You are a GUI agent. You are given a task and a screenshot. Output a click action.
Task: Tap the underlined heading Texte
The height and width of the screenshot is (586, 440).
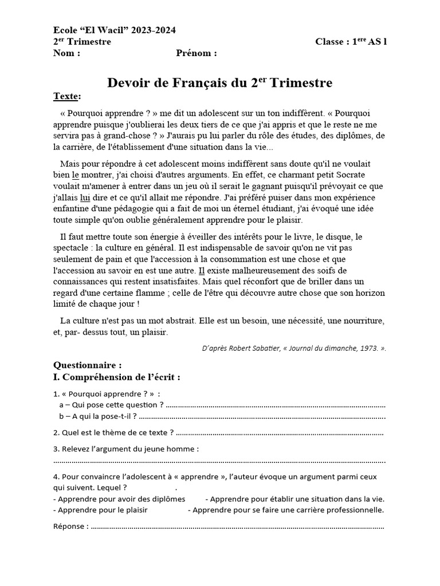(66, 96)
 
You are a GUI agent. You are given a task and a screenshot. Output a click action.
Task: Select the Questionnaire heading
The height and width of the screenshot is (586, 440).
(87, 365)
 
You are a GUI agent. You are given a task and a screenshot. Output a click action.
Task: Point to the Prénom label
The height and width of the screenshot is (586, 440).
(196, 54)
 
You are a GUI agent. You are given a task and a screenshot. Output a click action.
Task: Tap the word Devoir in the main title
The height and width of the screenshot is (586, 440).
(127, 83)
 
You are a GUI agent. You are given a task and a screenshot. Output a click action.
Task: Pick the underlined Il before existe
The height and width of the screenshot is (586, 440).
(201, 270)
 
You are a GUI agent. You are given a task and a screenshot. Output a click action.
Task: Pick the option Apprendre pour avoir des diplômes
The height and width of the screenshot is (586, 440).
(119, 498)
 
